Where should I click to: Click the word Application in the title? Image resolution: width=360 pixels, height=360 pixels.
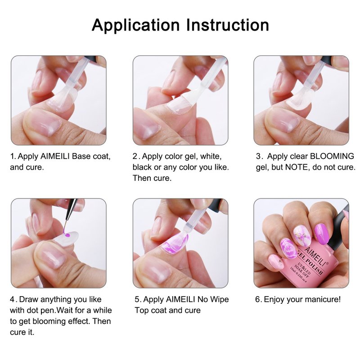point(135,25)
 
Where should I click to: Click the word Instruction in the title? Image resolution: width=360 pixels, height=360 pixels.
point(228,25)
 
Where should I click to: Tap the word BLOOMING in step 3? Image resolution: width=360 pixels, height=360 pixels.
point(332,156)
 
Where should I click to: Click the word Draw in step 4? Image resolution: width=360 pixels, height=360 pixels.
point(28,299)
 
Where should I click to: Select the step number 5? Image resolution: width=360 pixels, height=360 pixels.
point(137,299)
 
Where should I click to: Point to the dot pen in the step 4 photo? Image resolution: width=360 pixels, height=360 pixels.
point(71,213)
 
